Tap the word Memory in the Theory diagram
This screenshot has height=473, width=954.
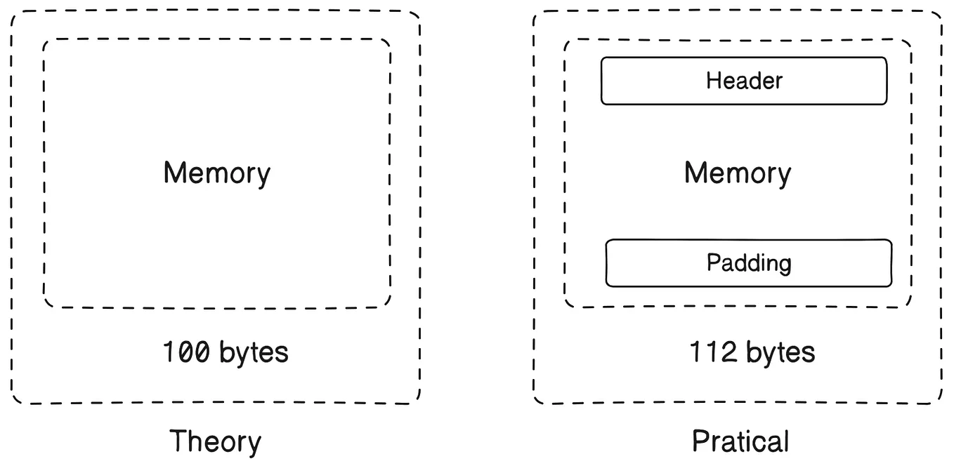(216, 173)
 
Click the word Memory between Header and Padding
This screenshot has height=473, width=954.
(737, 173)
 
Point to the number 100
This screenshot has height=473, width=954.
(185, 352)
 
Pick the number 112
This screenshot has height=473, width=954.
(713, 352)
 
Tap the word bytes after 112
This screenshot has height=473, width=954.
(780, 352)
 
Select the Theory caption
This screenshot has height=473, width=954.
(215, 442)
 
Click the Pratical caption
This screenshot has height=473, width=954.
(740, 442)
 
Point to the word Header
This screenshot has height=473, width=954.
(744, 81)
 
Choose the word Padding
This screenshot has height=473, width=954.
(749, 263)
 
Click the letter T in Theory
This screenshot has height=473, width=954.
(177, 441)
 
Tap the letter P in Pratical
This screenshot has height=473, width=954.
(699, 441)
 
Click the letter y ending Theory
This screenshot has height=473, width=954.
(254, 445)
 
